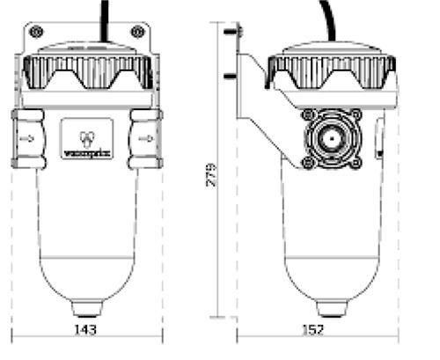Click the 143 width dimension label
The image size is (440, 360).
point(85,329)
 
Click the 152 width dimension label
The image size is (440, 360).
point(312,329)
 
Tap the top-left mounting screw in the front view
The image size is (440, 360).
point(35,32)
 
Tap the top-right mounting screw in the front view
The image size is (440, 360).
point(137,32)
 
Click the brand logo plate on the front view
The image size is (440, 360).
point(86,138)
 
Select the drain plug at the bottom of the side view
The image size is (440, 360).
point(330,308)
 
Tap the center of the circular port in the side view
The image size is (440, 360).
point(331,139)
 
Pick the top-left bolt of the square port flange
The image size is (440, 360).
point(307,115)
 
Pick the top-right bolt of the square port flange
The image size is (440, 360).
point(356,115)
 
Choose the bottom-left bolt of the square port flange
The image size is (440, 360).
point(307,163)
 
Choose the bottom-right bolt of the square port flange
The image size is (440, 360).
point(356,163)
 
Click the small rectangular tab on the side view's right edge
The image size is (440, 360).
point(378,137)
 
